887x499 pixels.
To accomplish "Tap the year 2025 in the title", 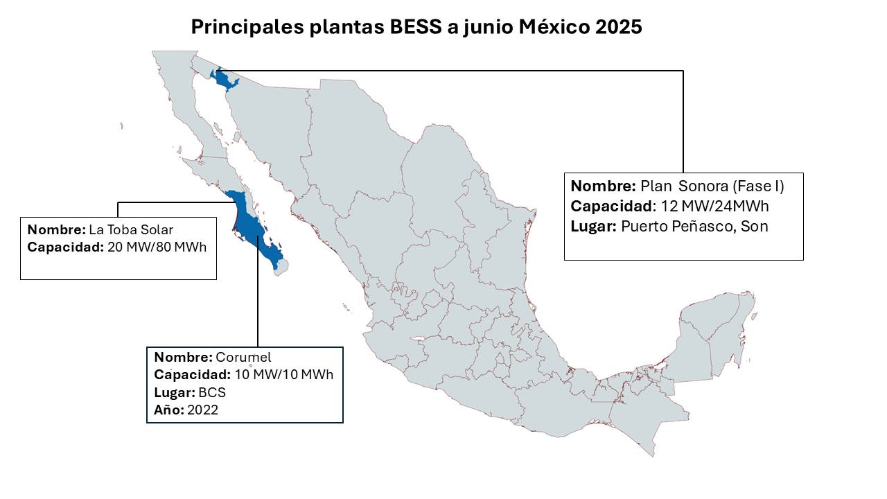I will coord(618,27).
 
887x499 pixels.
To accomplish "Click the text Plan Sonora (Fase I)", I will coord(712,186).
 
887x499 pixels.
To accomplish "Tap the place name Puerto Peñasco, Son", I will coord(694,227).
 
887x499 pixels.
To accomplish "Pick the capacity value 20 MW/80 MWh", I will coord(158,247).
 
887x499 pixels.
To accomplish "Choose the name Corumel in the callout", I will coord(243,358).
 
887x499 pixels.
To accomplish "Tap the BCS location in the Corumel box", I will coord(212,392).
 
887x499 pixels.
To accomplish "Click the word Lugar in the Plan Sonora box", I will coord(593,227).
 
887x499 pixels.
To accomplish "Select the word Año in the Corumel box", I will coord(168,410).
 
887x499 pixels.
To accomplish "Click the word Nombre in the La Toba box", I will coord(56,229).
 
